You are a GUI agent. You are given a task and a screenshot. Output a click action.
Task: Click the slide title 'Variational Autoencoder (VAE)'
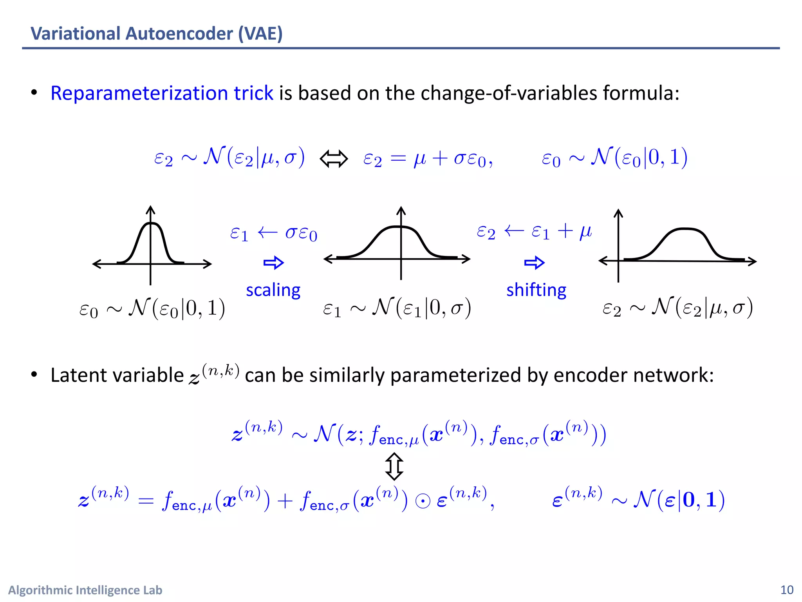pos(157,33)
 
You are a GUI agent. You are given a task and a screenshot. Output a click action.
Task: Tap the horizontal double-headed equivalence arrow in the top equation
pos(334,159)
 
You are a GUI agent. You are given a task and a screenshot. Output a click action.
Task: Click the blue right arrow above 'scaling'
pos(273,263)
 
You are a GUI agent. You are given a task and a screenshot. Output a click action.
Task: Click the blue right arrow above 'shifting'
pos(534,263)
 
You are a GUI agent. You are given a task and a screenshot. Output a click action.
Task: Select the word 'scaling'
pos(273,290)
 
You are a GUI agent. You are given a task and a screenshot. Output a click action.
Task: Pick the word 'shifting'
pos(536,290)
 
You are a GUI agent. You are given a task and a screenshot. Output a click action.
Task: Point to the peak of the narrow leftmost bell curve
pos(151,223)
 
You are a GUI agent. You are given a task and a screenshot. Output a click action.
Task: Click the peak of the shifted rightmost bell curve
pos(684,229)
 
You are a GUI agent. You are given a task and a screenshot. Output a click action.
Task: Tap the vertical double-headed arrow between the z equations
pos(394,466)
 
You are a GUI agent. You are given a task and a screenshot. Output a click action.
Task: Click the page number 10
pos(787,590)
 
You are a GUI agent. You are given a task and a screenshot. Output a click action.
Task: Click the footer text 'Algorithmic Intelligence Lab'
pos(85,590)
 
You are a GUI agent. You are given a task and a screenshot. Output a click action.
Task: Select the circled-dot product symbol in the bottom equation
pos(423,502)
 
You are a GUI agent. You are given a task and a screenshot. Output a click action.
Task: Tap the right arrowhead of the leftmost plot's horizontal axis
pos(208,264)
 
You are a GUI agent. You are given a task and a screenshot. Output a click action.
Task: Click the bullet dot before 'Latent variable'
pos(34,375)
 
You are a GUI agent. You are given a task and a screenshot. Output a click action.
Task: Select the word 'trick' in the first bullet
pos(253,93)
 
